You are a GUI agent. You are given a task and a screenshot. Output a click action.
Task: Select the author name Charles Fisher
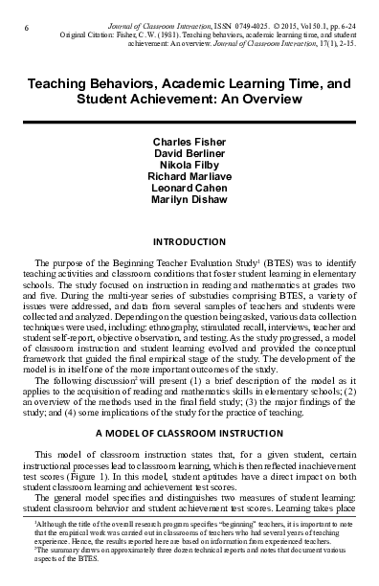[189, 141]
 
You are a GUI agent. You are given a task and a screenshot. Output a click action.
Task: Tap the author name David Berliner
[189, 152]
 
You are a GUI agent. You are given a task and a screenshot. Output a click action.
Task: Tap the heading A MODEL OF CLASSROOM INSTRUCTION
[189, 434]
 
